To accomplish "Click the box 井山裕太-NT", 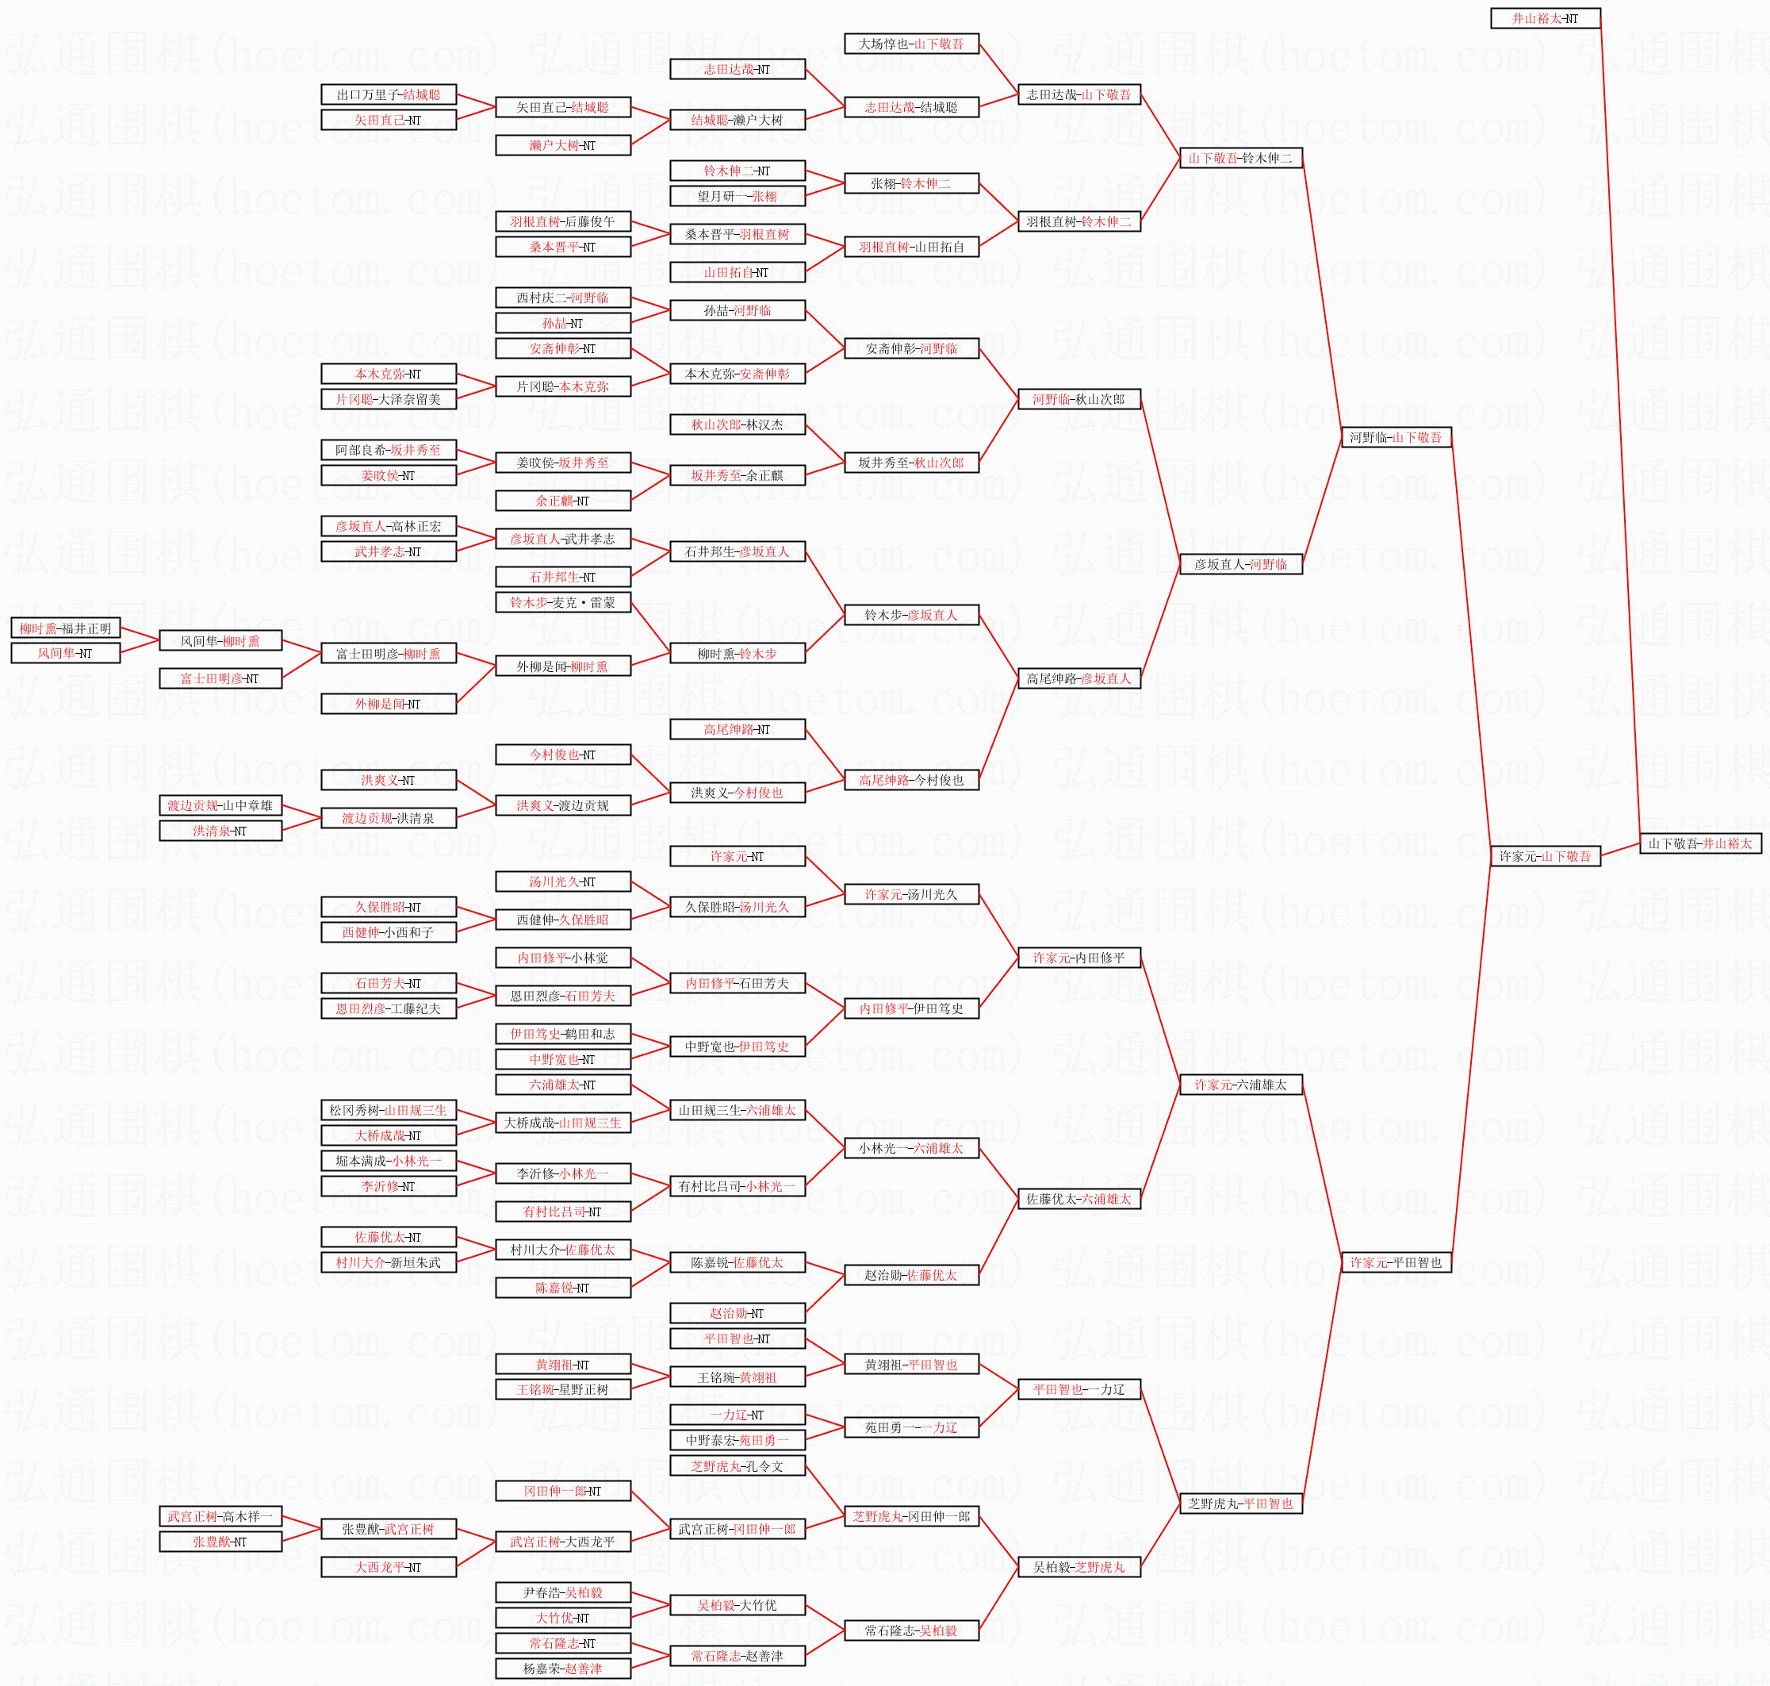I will point(1546,18).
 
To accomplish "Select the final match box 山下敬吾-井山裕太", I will point(1700,844).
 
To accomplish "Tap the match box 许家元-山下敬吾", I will point(1546,856).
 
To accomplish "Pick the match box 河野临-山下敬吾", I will point(1396,438).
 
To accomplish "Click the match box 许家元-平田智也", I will point(1396,1262).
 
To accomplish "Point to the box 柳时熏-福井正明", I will point(66,628).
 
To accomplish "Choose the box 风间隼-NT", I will point(66,653).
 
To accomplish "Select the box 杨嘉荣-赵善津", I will point(562,1669).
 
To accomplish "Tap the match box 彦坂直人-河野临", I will point(1241,564).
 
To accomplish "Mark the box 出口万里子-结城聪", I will point(388,94).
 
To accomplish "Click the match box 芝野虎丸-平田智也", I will point(1241,1504).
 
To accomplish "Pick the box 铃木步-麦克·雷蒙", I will point(562,602).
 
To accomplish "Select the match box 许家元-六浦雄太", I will point(1241,1085).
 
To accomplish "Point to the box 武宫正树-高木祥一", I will point(220,1516).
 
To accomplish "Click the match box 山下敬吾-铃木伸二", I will point(1241,158).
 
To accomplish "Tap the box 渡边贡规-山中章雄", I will point(220,805).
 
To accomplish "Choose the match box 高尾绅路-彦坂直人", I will point(1079,678).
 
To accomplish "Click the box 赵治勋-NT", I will point(737,1313).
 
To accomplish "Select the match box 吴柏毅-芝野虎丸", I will point(1079,1567).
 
